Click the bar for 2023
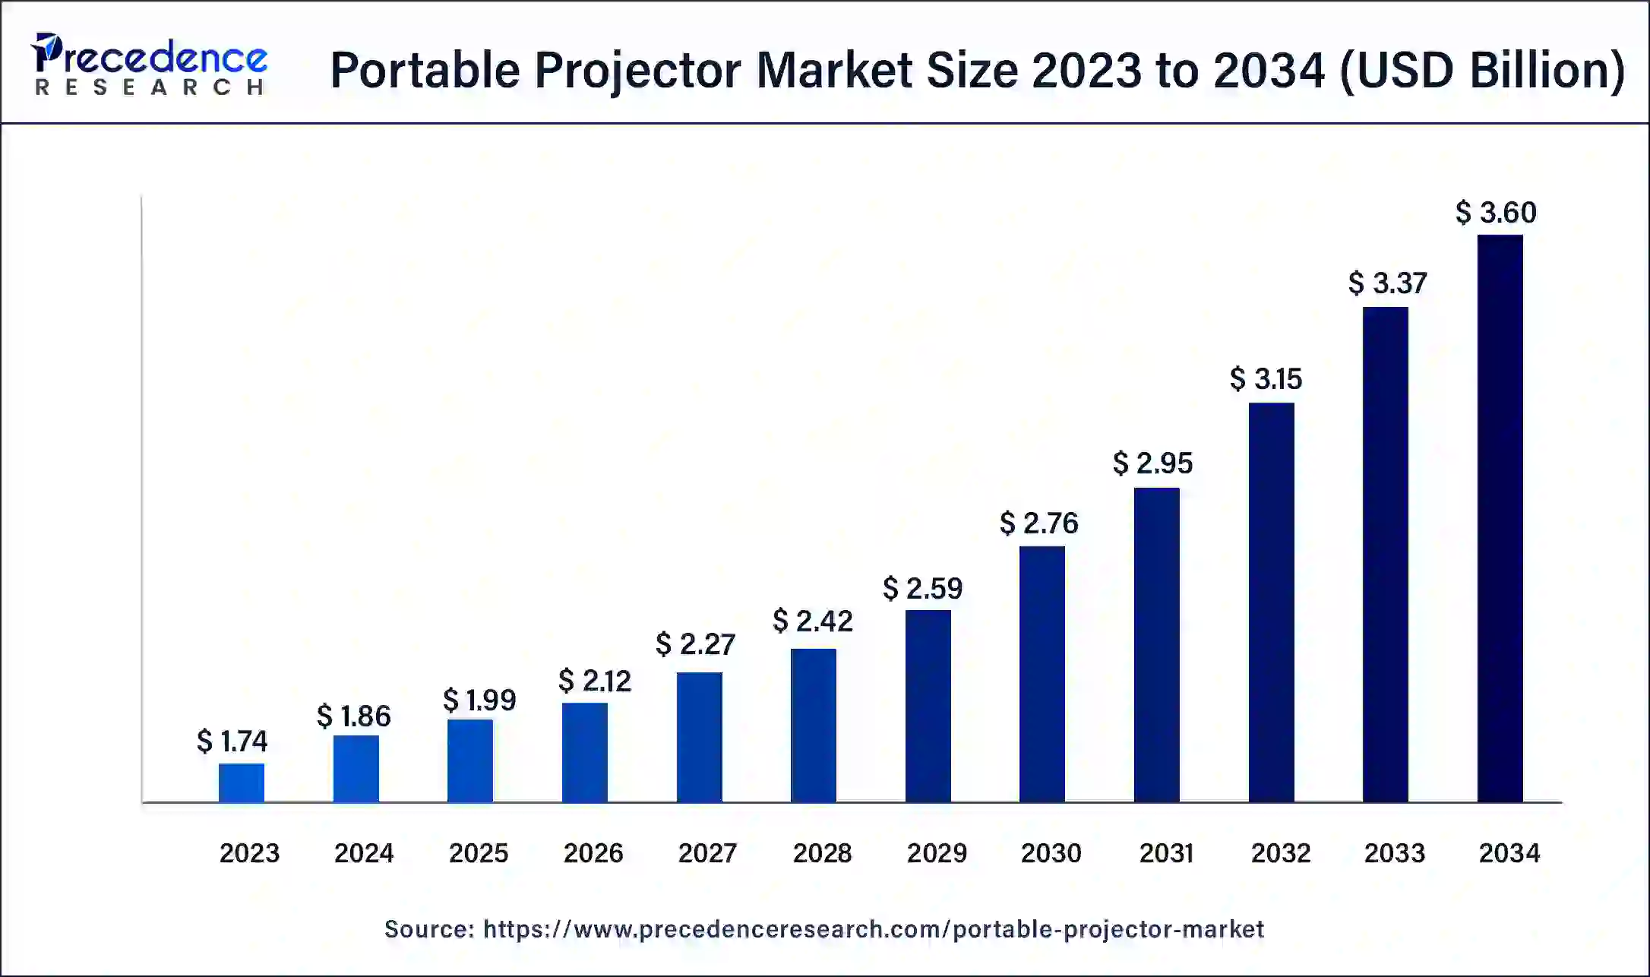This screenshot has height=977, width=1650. [242, 783]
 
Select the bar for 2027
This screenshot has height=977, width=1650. [700, 737]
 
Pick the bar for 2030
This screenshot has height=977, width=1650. [1042, 674]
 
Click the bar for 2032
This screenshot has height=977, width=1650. [1271, 602]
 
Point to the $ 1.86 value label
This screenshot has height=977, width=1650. [354, 716]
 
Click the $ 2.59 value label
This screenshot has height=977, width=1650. [922, 588]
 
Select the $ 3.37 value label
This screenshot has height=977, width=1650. [1387, 283]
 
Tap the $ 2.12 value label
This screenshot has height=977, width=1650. [595, 681]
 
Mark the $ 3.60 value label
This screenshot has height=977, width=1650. [1496, 212]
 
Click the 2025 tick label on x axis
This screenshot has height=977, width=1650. [479, 852]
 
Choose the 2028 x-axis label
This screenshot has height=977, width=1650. [822, 852]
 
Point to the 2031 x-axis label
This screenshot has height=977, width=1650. [1166, 852]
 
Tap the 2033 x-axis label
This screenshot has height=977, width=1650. [1394, 852]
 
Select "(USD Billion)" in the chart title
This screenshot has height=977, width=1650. [1482, 71]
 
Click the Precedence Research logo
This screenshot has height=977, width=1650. [150, 65]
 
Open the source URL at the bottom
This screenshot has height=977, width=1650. [874, 928]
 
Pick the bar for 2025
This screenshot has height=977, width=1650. [470, 760]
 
